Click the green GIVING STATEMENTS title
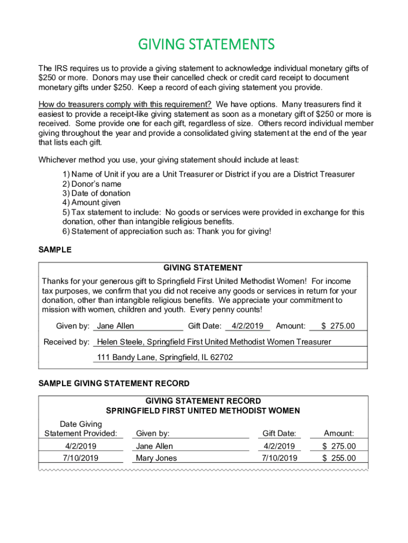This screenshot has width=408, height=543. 207,43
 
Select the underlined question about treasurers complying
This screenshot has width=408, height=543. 125,104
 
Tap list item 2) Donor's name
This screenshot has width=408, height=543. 92,184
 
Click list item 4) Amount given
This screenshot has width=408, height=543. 91,203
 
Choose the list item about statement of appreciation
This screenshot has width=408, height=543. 166,231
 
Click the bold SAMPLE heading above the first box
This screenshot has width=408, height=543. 55,250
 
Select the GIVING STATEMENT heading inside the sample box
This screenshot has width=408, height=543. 203,268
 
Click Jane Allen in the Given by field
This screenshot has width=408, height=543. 116,326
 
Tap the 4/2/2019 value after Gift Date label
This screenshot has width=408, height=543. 247,326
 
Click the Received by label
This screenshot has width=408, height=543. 66,342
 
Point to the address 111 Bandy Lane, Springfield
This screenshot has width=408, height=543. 165,357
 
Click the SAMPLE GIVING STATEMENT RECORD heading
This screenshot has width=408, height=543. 114,383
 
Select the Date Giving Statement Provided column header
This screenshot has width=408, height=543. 81,429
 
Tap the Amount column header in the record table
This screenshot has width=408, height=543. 339,434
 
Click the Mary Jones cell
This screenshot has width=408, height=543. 156,458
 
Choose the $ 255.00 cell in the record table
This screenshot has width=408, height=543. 339,458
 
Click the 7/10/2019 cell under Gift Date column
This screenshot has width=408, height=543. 280,458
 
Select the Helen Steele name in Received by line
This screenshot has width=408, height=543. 120,342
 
